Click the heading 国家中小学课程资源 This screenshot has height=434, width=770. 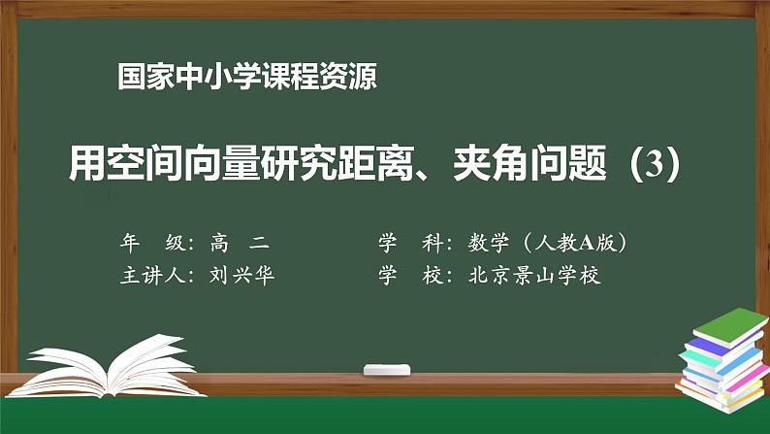coord(246,77)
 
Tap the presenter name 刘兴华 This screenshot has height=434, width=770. coord(242,275)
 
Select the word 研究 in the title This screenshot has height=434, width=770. coord(321,162)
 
